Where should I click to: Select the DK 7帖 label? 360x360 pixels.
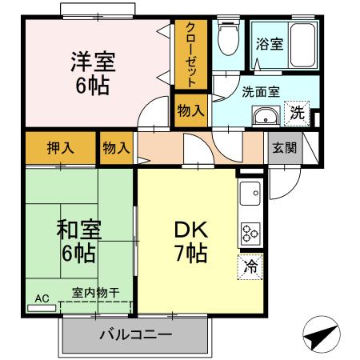point(192,242)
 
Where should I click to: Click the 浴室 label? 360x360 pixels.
point(270,44)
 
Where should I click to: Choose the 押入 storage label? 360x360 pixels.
point(60,148)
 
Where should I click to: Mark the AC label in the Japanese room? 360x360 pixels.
point(42,298)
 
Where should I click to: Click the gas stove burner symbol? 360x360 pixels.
point(249,232)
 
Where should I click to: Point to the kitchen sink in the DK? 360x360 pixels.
point(250,193)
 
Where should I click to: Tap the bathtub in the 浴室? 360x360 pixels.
point(302,44)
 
